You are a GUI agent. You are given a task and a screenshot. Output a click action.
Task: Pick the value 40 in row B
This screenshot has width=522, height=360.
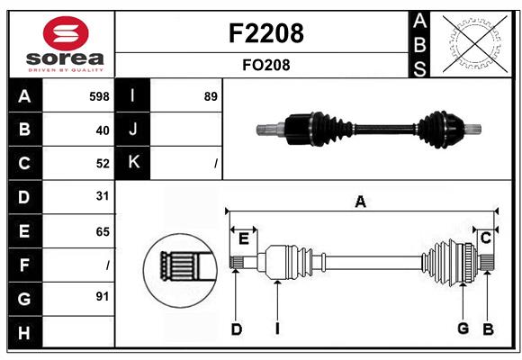click(103, 130)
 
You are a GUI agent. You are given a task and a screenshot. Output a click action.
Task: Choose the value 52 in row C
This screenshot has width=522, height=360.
click(103, 163)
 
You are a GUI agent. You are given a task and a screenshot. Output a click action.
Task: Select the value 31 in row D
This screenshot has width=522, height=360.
click(103, 196)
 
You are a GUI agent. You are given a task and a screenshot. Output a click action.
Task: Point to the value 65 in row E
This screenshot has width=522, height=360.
click(103, 231)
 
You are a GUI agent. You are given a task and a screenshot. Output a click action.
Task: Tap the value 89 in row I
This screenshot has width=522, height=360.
click(211, 96)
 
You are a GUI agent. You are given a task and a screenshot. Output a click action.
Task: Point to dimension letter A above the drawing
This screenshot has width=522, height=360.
click(360, 202)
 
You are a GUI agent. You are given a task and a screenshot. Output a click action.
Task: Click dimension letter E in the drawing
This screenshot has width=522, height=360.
click(243, 238)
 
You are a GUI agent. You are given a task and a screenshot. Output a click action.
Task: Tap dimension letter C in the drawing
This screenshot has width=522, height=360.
click(485, 238)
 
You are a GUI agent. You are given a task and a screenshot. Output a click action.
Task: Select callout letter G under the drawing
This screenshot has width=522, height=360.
click(463, 328)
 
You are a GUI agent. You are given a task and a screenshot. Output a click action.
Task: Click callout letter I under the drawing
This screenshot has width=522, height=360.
click(277, 328)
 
